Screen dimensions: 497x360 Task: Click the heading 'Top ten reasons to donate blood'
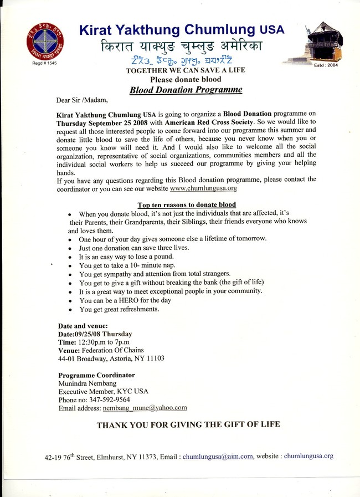[x=187, y=205]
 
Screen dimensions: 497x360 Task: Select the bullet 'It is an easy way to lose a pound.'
[x=126, y=257]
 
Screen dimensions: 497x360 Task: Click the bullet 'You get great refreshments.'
[x=119, y=309]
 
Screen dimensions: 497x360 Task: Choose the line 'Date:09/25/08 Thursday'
[x=95, y=334]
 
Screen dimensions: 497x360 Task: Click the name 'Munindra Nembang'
[x=87, y=383]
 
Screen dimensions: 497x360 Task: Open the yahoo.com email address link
[x=145, y=408]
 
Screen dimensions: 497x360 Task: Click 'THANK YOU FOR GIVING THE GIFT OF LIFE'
[x=188, y=425]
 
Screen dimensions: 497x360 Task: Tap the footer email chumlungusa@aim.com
[x=218, y=457]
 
